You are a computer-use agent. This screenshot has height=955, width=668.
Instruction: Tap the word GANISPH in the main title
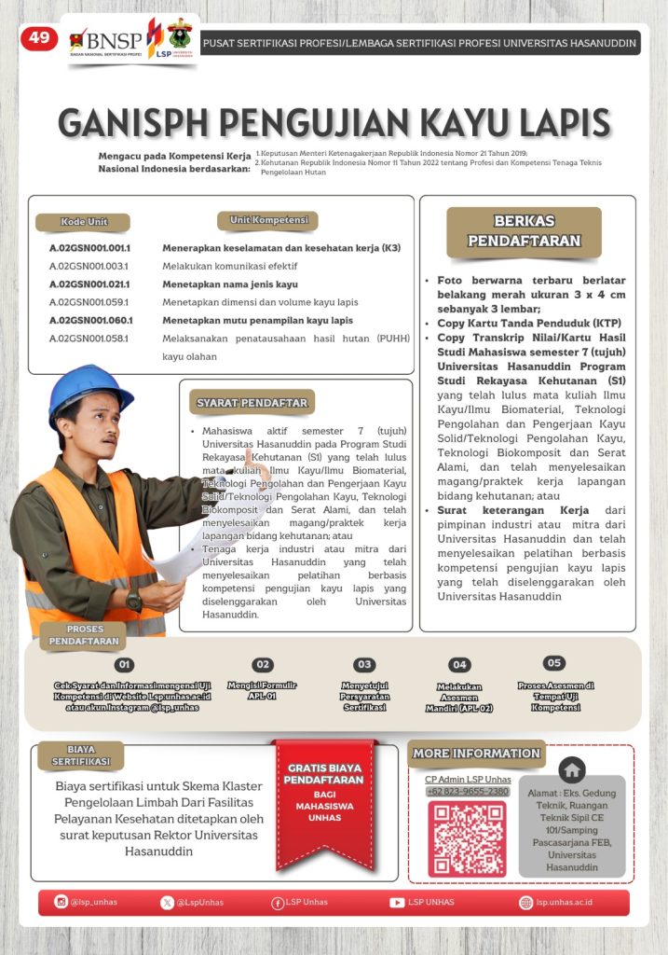click(x=148, y=123)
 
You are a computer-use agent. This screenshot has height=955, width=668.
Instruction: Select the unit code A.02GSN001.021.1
click(x=89, y=284)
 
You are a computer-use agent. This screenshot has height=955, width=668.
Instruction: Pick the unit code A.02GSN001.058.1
click(x=89, y=338)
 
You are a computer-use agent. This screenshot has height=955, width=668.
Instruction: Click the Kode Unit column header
click(x=83, y=222)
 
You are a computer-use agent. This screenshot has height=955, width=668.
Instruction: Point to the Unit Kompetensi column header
click(x=267, y=221)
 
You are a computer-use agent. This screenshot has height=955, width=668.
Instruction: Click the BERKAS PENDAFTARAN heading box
click(x=524, y=231)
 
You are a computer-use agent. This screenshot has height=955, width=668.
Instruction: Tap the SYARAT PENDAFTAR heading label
click(x=252, y=403)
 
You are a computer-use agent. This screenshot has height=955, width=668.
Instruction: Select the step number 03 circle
click(x=364, y=665)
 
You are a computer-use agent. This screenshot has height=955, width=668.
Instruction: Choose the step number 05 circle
click(x=554, y=663)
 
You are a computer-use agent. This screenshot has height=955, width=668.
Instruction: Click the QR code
click(x=467, y=839)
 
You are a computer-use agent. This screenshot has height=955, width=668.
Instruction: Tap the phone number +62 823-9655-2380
click(x=468, y=792)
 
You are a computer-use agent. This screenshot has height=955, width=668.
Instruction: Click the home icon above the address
click(x=572, y=769)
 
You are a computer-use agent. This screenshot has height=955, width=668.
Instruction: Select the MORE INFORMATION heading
click(x=476, y=754)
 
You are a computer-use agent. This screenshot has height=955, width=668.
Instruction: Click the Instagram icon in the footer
click(x=61, y=902)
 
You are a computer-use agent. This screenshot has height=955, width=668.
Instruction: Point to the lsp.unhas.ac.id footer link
click(x=564, y=902)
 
